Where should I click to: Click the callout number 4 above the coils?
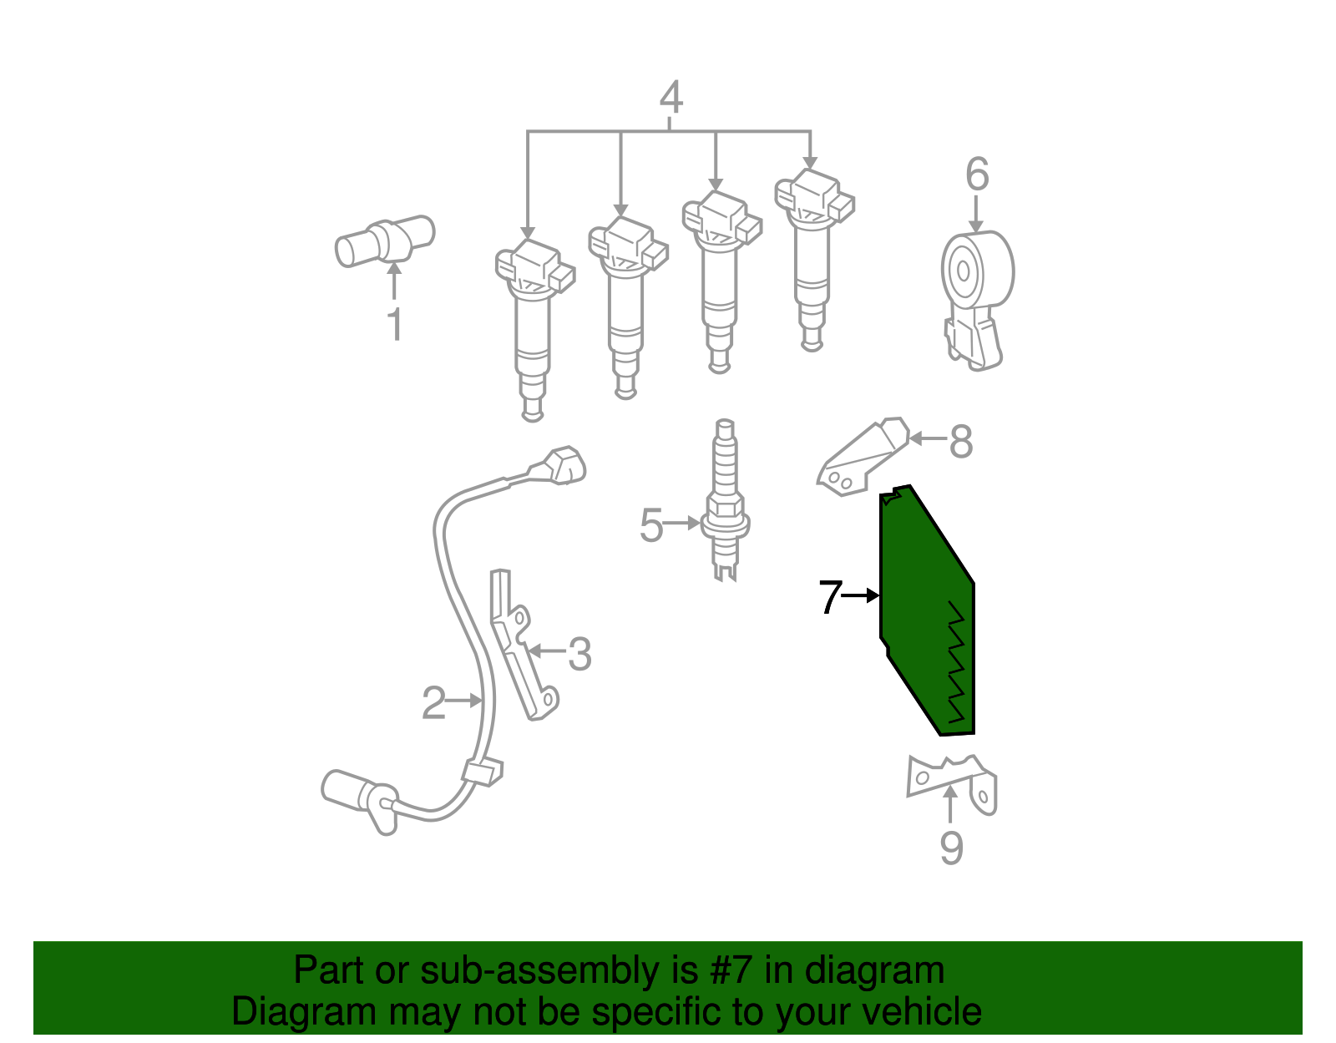(x=671, y=97)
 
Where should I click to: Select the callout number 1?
(x=395, y=324)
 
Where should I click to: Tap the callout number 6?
(x=977, y=174)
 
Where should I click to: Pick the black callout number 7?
(x=830, y=596)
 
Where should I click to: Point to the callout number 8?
(x=962, y=441)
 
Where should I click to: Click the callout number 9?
(x=951, y=848)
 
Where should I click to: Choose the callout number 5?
(x=651, y=525)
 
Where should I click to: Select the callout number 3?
(x=579, y=653)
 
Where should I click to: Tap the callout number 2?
(x=433, y=703)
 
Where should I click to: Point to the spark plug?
(x=726, y=499)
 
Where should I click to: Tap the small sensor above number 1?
(x=385, y=241)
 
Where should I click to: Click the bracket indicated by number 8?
(x=863, y=457)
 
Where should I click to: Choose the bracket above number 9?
(x=952, y=784)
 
